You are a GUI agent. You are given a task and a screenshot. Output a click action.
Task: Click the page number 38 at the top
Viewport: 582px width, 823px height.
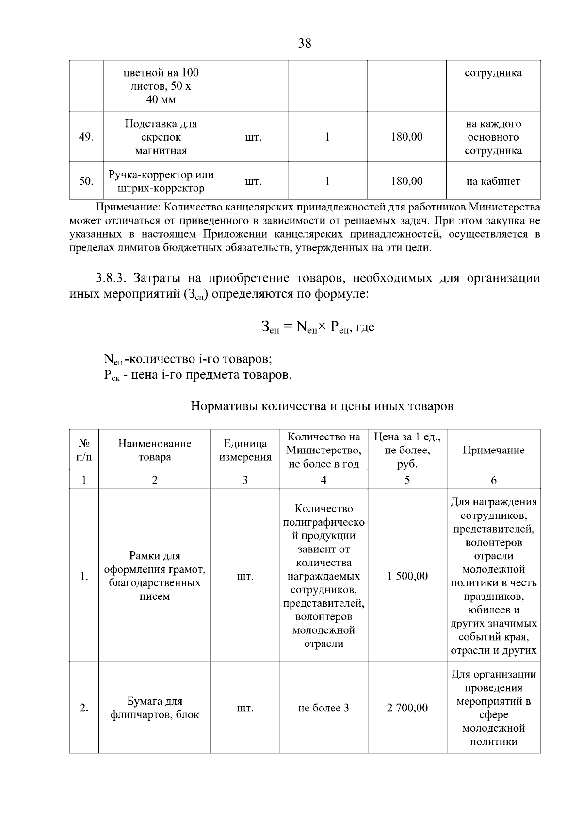[x=305, y=43]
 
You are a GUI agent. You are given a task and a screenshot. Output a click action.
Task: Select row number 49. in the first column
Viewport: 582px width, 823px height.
[x=86, y=137]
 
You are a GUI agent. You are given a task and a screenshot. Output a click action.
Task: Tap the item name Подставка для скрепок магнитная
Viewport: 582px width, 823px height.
[x=161, y=137]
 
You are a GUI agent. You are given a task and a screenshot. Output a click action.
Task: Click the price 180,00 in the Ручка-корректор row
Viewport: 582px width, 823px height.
[x=406, y=181]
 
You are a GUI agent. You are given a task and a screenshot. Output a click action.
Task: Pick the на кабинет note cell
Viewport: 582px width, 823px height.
[x=493, y=181]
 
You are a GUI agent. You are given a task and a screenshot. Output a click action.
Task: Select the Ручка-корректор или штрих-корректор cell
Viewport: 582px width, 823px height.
[x=161, y=181]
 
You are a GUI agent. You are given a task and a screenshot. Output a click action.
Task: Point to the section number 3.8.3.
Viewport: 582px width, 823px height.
[x=111, y=278]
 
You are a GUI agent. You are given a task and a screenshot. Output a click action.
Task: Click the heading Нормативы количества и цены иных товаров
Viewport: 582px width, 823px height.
[x=322, y=406]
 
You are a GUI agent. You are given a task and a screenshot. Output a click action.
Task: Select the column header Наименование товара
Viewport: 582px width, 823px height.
[x=154, y=450]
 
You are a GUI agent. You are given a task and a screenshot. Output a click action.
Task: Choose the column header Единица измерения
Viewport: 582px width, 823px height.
[x=245, y=450]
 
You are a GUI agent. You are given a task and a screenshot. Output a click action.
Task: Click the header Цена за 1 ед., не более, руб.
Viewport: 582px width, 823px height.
[x=407, y=450]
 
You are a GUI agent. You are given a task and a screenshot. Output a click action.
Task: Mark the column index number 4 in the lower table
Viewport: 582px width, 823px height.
[x=323, y=480]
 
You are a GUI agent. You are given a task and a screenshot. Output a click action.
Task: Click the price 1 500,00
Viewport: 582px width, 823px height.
[x=407, y=576]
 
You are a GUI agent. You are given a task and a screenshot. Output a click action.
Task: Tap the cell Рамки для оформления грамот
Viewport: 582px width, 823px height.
[x=154, y=576]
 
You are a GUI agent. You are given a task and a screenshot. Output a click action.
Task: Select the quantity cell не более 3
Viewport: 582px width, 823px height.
[x=323, y=708]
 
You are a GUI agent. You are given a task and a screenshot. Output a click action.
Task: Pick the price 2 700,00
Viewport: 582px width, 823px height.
[x=407, y=708]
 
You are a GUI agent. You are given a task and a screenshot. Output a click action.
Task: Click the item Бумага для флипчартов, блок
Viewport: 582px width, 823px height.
[x=154, y=708]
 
